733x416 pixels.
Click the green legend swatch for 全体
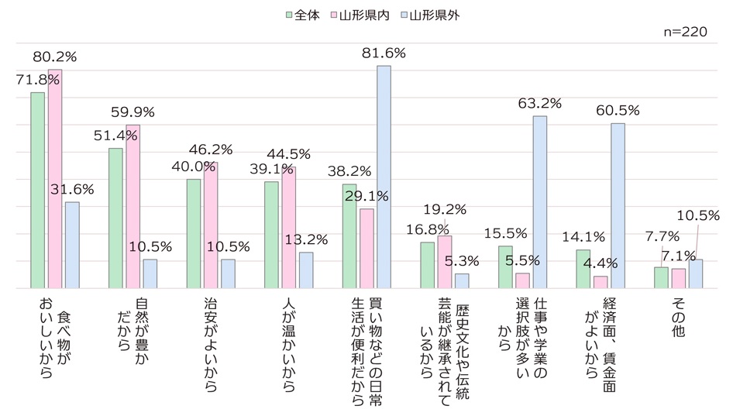289,15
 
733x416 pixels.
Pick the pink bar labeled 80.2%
55,178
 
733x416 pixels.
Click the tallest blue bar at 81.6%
384,177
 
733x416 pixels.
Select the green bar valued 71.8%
38,190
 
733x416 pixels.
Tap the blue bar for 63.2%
539,201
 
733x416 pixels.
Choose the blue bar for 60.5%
618,205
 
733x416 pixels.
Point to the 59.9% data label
134,112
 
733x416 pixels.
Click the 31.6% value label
73,189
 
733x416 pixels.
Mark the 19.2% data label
446,208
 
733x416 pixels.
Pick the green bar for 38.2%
349,236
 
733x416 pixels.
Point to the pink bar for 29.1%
366,248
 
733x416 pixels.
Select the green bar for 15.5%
505,266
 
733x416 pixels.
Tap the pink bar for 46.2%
211,225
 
